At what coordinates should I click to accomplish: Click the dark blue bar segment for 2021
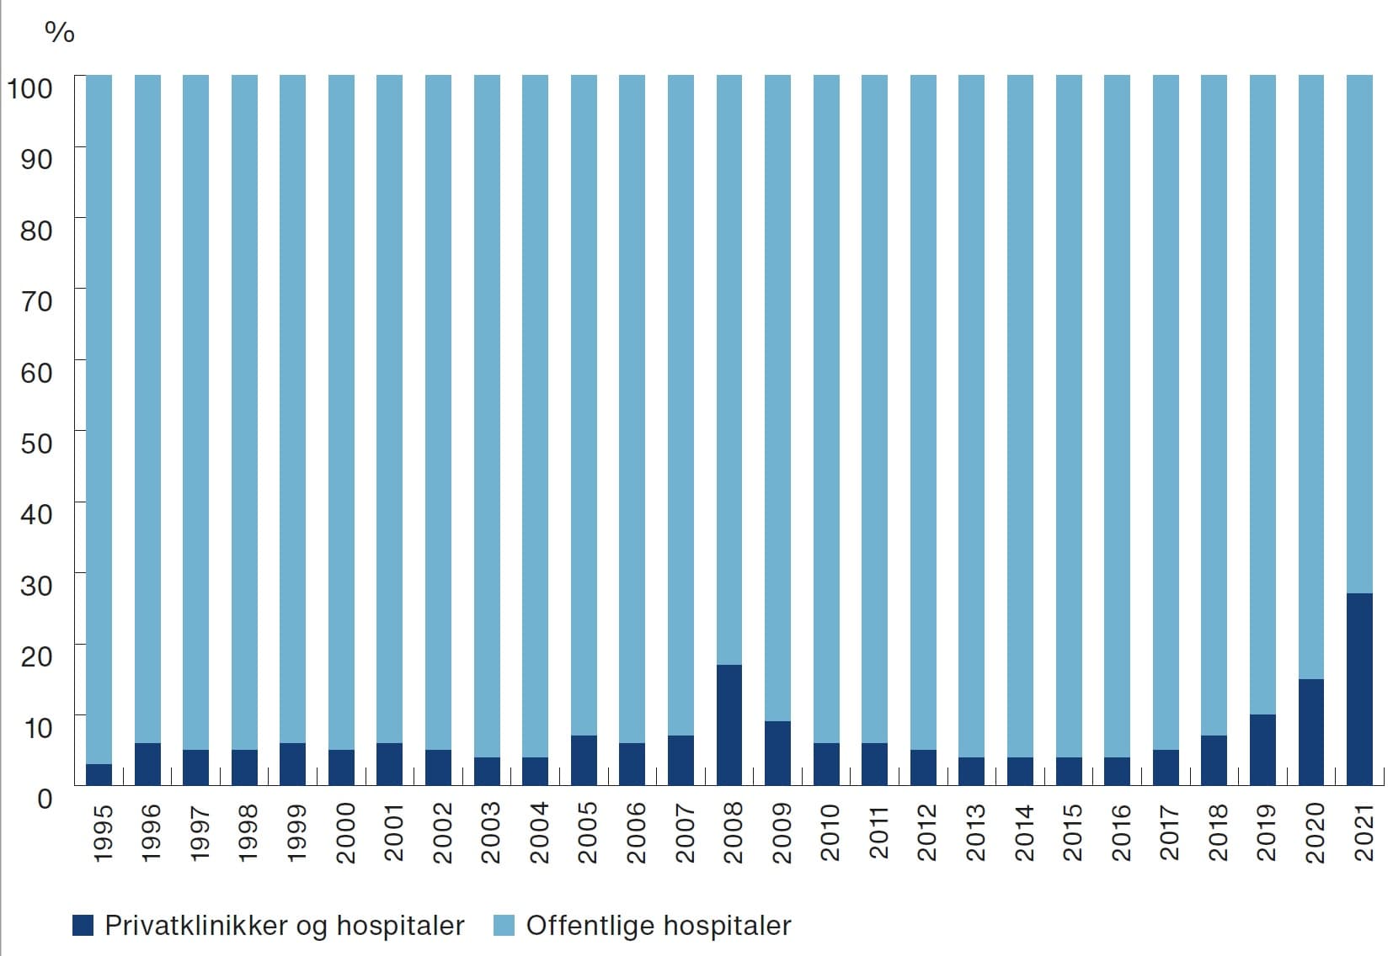pyautogui.click(x=1359, y=689)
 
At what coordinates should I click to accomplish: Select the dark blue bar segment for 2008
pyautogui.click(x=729, y=725)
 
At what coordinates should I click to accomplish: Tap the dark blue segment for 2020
pyautogui.click(x=1311, y=732)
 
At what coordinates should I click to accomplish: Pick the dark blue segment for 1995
pyautogui.click(x=99, y=775)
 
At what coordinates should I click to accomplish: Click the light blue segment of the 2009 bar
pyautogui.click(x=777, y=396)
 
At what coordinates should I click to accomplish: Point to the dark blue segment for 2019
pyautogui.click(x=1262, y=750)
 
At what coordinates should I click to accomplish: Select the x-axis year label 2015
pyautogui.click(x=1071, y=832)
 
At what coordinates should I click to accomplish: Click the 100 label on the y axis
pyautogui.click(x=30, y=88)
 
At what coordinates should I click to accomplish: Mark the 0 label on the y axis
pyautogui.click(x=45, y=798)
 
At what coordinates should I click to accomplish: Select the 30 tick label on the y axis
pyautogui.click(x=36, y=585)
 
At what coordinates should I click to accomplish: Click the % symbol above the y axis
pyautogui.click(x=59, y=32)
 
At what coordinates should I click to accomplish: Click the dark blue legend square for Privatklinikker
pyautogui.click(x=83, y=926)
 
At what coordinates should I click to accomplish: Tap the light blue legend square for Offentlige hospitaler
pyautogui.click(x=503, y=926)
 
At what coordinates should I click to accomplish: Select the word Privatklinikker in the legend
pyautogui.click(x=195, y=926)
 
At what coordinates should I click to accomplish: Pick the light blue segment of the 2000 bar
pyautogui.click(x=341, y=404)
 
